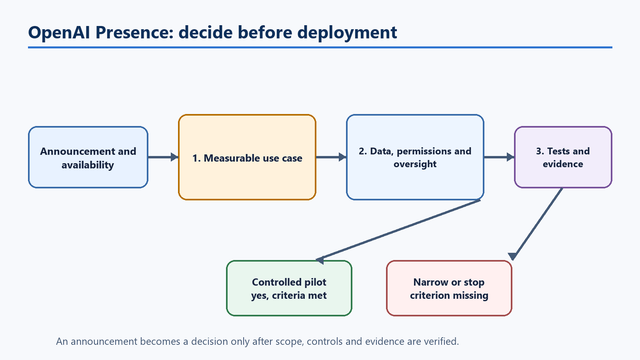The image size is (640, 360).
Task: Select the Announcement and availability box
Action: tap(88, 157)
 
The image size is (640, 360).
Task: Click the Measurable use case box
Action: tap(247, 157)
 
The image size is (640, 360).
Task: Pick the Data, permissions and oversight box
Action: tap(415, 157)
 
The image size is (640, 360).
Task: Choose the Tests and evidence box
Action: tap(563, 157)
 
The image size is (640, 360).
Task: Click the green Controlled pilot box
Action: tap(289, 288)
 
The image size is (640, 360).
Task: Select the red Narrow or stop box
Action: tap(449, 288)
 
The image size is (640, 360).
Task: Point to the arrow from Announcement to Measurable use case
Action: tap(163, 157)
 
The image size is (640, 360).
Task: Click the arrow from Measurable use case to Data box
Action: tap(331, 157)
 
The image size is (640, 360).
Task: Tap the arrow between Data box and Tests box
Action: tap(499, 157)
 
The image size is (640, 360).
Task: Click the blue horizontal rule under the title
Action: tap(320, 48)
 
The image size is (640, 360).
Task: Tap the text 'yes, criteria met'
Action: tap(289, 296)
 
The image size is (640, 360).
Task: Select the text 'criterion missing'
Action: tap(449, 296)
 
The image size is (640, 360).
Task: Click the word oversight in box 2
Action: tap(415, 164)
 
